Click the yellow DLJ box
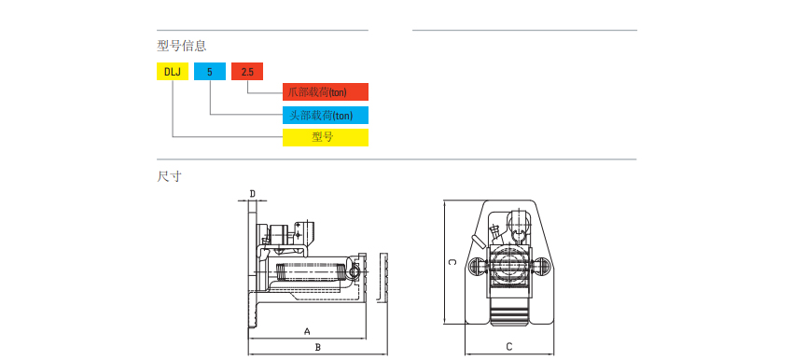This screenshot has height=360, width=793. pyautogui.click(x=173, y=71)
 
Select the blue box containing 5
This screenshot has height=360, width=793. pyautogui.click(x=210, y=71)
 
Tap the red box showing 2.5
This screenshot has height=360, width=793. pyautogui.click(x=247, y=71)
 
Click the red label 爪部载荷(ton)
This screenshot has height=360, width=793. pyautogui.click(x=326, y=92)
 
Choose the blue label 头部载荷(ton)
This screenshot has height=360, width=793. pyautogui.click(x=326, y=115)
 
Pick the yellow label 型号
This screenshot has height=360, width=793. pyautogui.click(x=326, y=137)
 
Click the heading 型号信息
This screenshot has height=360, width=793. pyautogui.click(x=182, y=46)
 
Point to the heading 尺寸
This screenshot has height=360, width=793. pyautogui.click(x=169, y=176)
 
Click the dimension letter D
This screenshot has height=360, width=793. pyautogui.click(x=253, y=193)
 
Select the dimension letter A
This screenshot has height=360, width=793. pyautogui.click(x=307, y=331)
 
